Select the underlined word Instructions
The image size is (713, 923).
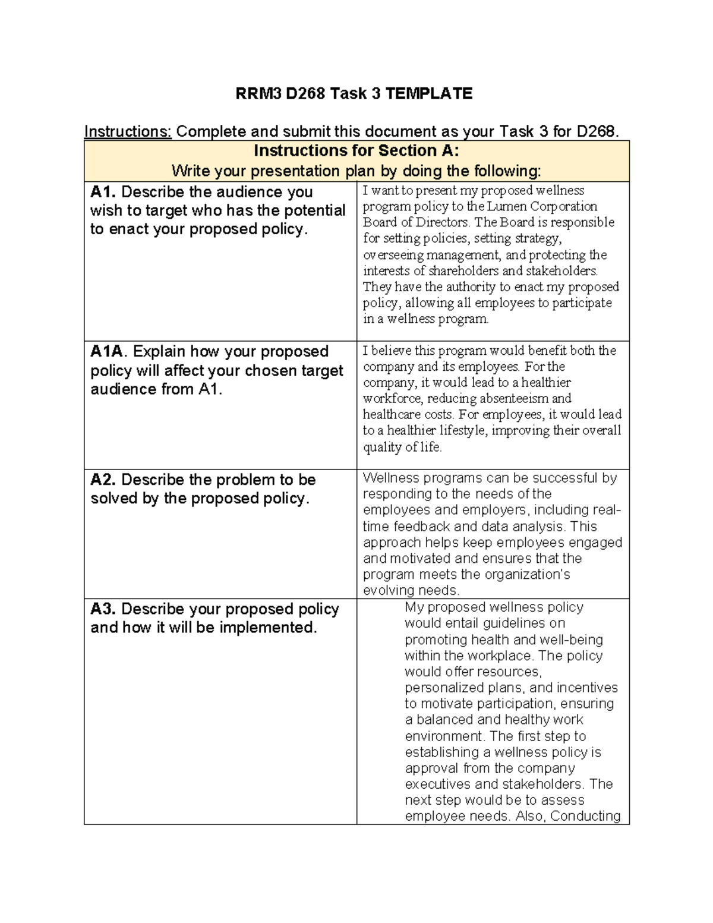click(128, 131)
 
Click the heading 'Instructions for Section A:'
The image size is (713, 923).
click(356, 150)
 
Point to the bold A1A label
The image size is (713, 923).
click(109, 352)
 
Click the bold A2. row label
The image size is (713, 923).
click(103, 480)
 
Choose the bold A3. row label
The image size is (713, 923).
click(103, 609)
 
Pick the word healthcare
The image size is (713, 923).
click(392, 415)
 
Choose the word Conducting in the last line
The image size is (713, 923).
click(585, 816)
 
